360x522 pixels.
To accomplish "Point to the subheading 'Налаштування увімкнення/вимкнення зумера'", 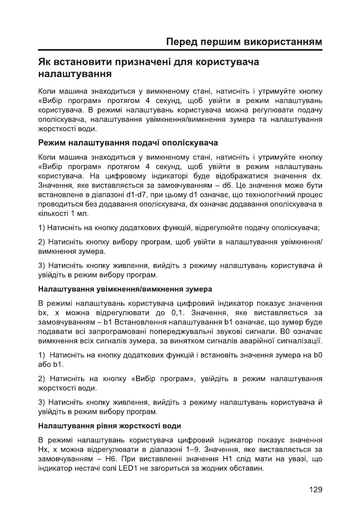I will coord(125,290).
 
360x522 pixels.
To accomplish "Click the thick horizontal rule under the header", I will coord(180,51).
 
